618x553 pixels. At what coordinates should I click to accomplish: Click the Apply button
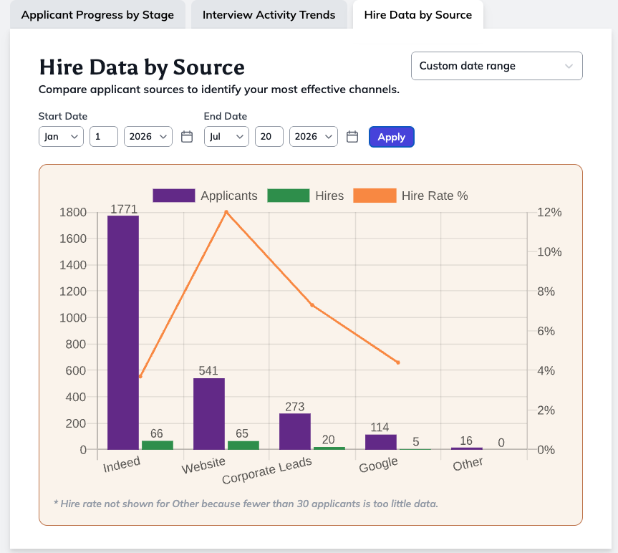point(392,137)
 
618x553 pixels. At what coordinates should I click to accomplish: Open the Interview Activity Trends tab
point(269,15)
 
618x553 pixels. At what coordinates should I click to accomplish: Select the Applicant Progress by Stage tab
point(97,15)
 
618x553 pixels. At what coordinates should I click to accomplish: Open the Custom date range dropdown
point(496,66)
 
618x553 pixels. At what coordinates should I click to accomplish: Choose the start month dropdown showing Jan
point(61,136)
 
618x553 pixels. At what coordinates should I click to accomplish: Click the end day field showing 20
point(269,136)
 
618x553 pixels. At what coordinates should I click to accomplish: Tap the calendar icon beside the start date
point(187,137)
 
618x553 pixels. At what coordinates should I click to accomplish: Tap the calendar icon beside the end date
point(352,137)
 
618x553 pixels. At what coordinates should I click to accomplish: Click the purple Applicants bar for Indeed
point(123,332)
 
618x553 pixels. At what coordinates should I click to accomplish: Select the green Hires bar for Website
point(243,446)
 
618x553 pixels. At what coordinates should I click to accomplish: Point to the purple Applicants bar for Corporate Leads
point(295,432)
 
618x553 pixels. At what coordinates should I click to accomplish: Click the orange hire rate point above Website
point(226,212)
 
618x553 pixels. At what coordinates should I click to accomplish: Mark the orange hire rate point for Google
point(398,362)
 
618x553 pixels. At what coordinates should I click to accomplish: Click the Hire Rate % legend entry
point(410,196)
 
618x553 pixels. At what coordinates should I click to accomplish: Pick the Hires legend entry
point(306,196)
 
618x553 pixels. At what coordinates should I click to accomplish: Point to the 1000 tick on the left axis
point(73,318)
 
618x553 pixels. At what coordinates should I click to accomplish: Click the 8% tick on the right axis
point(546,292)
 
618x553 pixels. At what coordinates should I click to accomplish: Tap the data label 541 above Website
point(208,370)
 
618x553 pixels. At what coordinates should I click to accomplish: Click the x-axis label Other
point(468,464)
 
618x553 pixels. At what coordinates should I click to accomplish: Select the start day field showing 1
point(104,136)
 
